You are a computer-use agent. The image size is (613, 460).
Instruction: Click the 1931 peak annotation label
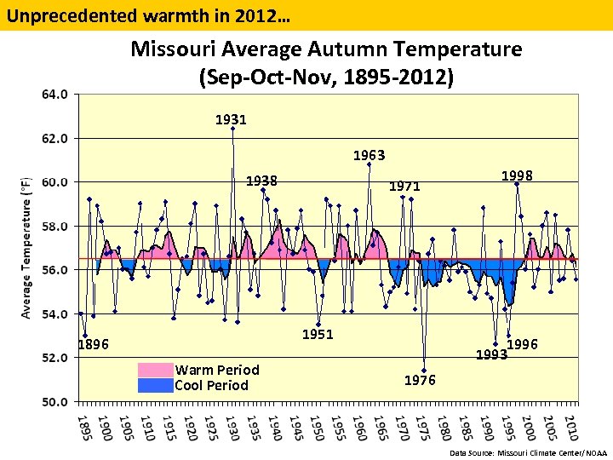point(231,120)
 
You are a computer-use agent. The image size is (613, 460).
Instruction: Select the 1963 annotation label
point(370,156)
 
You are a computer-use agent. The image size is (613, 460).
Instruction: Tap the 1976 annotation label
point(420,380)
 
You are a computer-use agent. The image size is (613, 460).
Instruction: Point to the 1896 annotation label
point(93,345)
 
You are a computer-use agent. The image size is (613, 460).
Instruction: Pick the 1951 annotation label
point(318,335)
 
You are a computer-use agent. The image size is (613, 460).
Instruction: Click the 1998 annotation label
point(517,175)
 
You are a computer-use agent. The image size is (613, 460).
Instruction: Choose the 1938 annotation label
point(261,181)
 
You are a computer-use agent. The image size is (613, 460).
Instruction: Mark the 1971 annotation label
point(404,186)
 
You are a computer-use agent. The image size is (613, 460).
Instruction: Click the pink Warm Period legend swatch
point(155,370)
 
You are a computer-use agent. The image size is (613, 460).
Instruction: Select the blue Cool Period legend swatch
point(155,385)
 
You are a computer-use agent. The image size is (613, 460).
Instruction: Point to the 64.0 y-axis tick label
point(55,94)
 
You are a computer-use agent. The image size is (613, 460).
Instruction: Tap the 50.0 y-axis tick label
point(55,401)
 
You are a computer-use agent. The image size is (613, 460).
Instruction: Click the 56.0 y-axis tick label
point(55,269)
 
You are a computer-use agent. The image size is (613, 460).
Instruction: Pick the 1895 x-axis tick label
point(82,428)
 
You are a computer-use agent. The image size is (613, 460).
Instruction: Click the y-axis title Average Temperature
point(26,247)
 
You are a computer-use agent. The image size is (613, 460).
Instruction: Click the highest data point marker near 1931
point(232,129)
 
